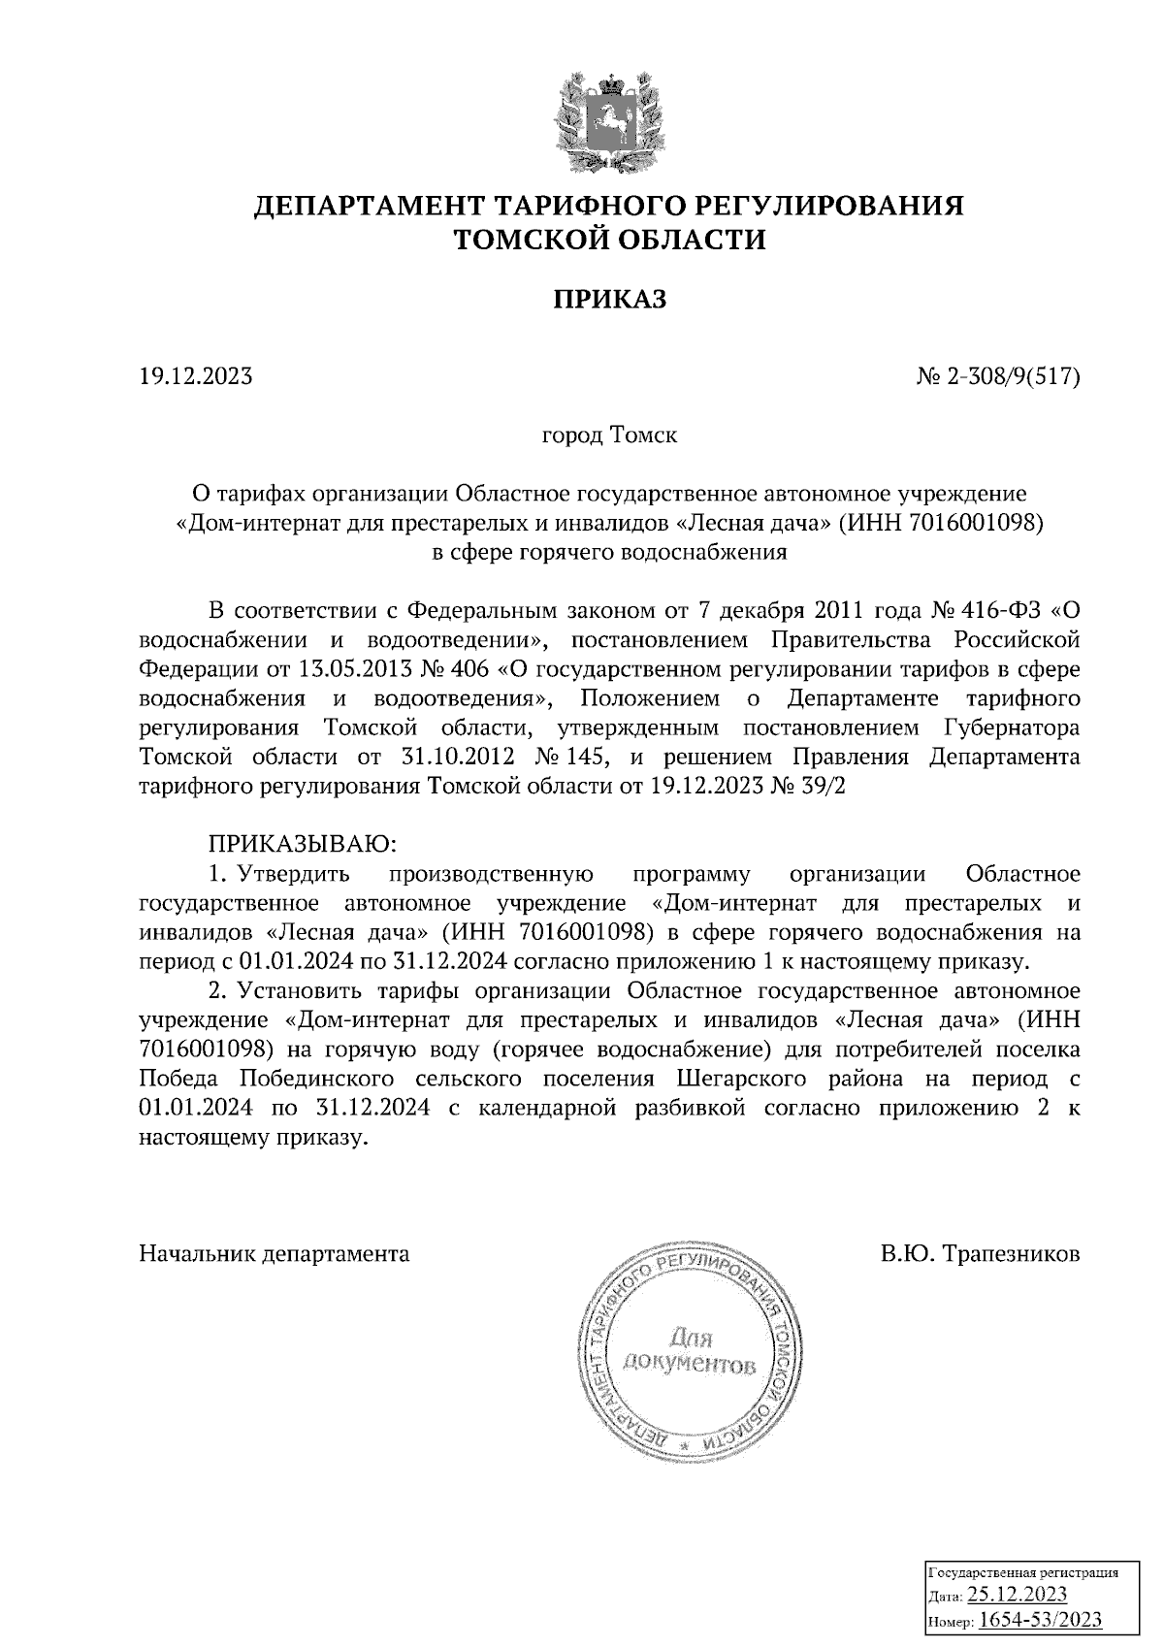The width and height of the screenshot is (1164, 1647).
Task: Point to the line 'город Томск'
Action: [x=609, y=435]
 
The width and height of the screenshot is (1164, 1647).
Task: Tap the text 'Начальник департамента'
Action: [x=275, y=1254]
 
